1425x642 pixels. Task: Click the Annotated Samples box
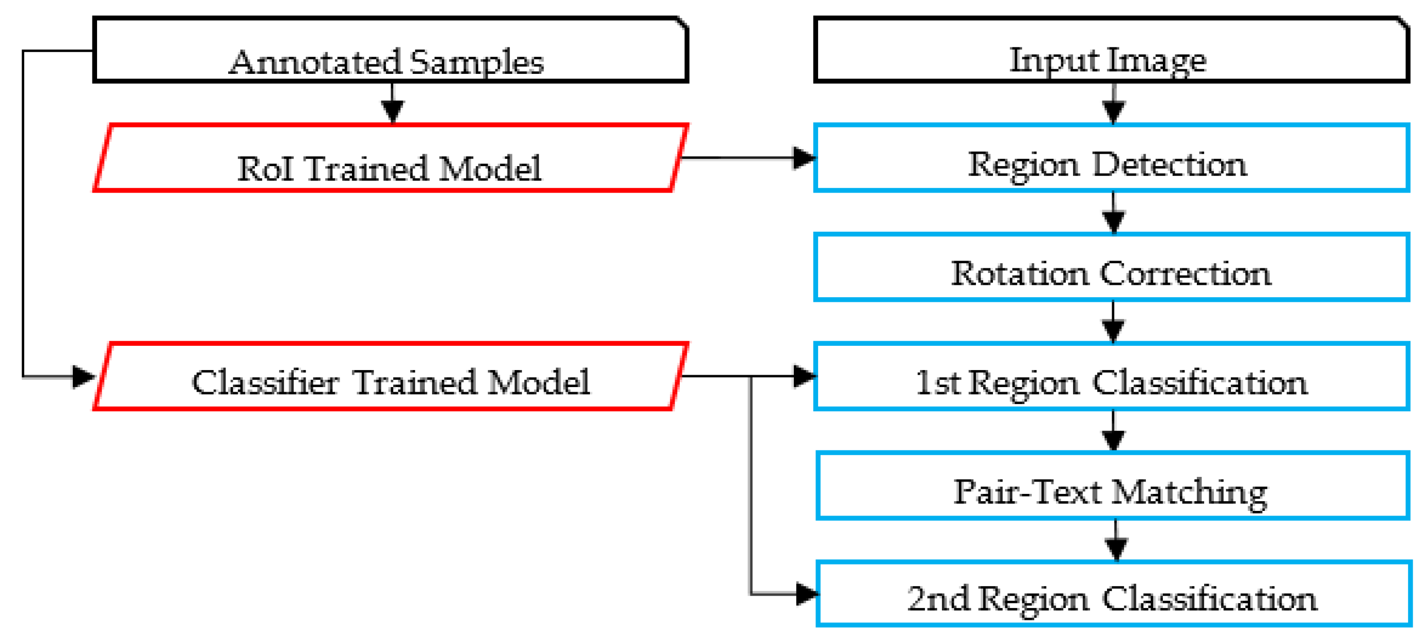(390, 50)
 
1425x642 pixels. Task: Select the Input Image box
(1111, 50)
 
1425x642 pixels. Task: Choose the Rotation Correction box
(1111, 268)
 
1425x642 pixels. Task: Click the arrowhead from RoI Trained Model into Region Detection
(804, 158)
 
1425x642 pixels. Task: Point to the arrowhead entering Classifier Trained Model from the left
(84, 377)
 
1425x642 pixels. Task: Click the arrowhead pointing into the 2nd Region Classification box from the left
(807, 595)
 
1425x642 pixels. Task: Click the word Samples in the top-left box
(477, 62)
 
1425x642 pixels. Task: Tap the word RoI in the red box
(265, 169)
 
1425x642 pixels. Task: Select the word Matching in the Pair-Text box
(1189, 492)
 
